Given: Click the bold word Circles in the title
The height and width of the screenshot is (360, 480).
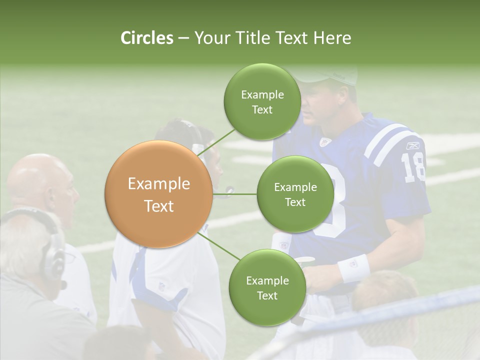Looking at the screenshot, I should click(146, 38).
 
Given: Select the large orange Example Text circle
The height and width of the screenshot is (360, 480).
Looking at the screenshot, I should click(158, 194).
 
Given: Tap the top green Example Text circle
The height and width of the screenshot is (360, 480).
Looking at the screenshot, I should click(262, 102).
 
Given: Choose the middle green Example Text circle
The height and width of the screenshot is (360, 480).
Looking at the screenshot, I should click(295, 194).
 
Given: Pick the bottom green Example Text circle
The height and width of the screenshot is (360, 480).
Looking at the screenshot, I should click(267, 288).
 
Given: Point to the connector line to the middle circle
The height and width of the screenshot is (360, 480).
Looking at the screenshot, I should click(235, 194).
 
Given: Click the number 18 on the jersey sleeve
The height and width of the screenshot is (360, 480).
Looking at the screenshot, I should click(413, 167).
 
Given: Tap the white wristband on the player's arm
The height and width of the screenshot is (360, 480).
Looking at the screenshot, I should click(353, 268).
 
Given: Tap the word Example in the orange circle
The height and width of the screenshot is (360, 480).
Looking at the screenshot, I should click(158, 184).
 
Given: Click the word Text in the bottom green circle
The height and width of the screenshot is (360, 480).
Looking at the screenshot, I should click(267, 295).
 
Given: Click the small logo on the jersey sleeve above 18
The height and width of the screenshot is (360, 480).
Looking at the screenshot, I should click(412, 145).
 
